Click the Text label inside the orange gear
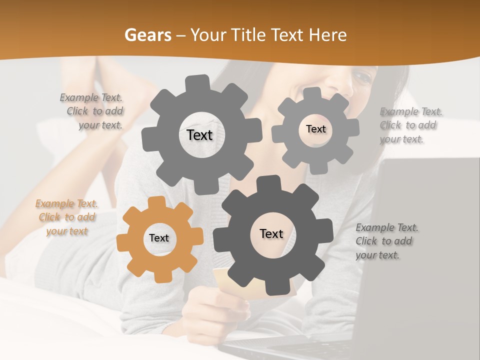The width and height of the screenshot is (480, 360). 159,238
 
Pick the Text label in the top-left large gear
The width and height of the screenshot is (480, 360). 199,135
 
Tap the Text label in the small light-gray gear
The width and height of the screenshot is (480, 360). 315,129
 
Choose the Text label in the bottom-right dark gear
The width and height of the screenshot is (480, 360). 271,233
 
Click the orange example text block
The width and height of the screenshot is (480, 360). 66,217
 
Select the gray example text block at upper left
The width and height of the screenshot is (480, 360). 92,111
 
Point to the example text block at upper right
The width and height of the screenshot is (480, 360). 410,125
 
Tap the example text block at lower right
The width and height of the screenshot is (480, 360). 386,241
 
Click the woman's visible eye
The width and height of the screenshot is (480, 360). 362,76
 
